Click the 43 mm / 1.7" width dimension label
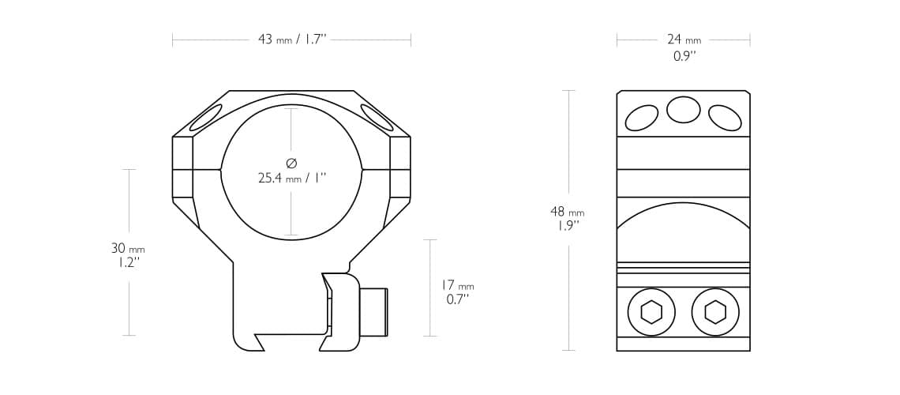(291, 39)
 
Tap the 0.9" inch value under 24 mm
(684, 56)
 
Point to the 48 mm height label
(567, 212)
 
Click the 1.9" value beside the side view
(567, 225)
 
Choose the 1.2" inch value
(126, 262)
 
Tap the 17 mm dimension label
(458, 286)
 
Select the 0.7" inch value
(457, 299)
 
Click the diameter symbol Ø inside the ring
(291, 164)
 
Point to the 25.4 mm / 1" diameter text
(291, 179)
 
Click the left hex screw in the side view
(651, 312)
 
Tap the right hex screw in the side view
(715, 312)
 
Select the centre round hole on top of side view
(684, 110)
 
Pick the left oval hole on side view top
(642, 118)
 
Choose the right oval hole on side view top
(725, 118)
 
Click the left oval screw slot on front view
(205, 118)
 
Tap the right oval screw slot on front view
(377, 118)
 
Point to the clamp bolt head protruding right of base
(373, 312)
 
